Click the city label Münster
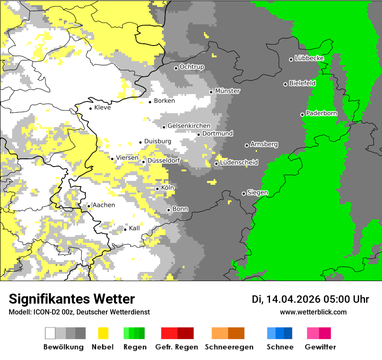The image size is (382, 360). click(x=227, y=91)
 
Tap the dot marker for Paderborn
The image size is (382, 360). click(x=303, y=115)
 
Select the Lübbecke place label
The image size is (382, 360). click(x=309, y=58)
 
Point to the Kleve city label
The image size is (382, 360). click(x=102, y=108)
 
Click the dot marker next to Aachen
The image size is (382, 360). click(x=89, y=206)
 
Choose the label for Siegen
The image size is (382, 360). click(x=257, y=193)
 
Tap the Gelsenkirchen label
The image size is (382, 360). click(x=189, y=126)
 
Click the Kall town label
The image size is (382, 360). click(x=134, y=228)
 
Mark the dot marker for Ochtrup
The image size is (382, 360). click(x=176, y=68)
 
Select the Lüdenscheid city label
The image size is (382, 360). click(x=239, y=163)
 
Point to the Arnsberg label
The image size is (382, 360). click(x=264, y=144)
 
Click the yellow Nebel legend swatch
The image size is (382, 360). click(x=103, y=333)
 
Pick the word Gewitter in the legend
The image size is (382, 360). click(x=320, y=347)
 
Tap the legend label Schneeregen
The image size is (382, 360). click(x=229, y=347)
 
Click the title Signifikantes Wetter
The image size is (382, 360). click(x=72, y=299)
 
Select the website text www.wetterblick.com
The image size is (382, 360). click(x=313, y=312)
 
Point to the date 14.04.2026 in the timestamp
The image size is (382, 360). click(x=293, y=299)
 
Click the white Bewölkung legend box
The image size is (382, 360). click(x=50, y=333)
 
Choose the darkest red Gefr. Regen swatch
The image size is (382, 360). click(x=185, y=333)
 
